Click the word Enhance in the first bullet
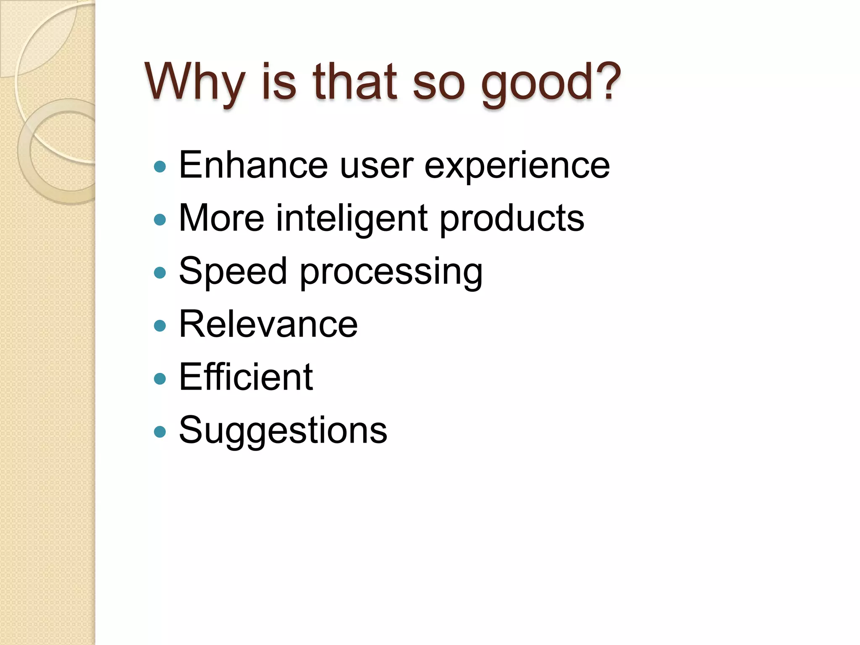pos(253,165)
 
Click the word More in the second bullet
pos(222,218)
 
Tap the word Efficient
pos(246,377)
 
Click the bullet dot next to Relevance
pos(160,326)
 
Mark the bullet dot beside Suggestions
pos(160,432)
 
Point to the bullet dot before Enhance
pos(160,167)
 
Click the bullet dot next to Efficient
pos(160,379)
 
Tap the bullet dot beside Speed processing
pos(160,273)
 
